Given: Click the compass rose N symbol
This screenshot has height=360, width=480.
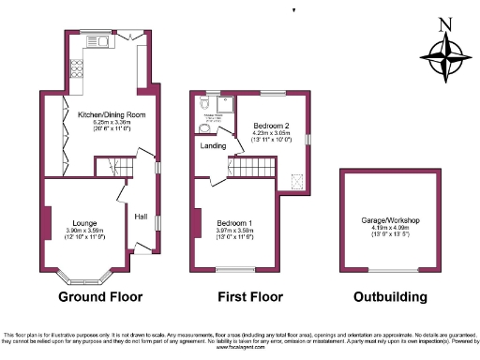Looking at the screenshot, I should tap(445, 25).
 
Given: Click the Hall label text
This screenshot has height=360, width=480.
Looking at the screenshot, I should tap(141, 217).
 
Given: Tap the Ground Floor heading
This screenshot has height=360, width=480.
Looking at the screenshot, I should tap(100, 297).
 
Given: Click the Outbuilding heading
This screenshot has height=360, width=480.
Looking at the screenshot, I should tap(390, 297).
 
